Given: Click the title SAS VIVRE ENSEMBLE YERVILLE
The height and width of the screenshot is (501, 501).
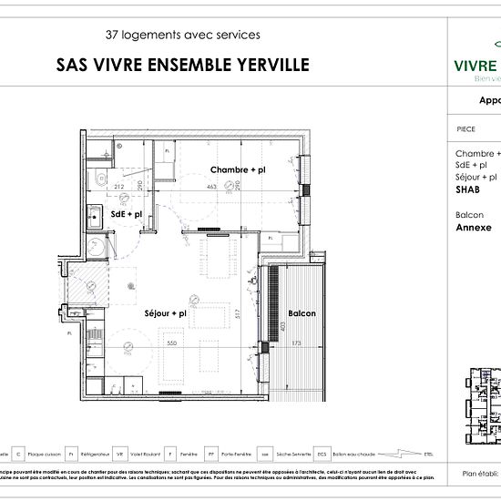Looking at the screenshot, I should point(182,65).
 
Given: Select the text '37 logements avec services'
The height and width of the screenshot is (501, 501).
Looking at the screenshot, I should point(182,36).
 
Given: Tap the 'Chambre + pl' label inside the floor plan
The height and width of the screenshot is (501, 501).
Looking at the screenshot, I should point(238,170).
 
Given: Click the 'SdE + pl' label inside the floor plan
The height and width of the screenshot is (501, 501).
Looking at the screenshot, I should point(127,214).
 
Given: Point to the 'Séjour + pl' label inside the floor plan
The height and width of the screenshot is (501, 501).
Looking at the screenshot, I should point(165,313).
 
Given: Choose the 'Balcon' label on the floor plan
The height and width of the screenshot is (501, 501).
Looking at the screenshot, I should point(302,313).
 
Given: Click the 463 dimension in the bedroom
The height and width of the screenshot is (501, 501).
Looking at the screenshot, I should point(210,186).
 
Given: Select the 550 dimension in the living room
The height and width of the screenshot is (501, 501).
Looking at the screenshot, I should point(170,343).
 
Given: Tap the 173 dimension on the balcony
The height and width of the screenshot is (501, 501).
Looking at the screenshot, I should point(296,343).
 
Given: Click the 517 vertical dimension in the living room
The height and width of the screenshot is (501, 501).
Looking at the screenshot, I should point(237,314).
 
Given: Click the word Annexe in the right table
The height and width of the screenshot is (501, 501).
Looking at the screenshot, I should point(473,228).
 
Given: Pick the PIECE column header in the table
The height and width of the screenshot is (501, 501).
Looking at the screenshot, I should point(465,129).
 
